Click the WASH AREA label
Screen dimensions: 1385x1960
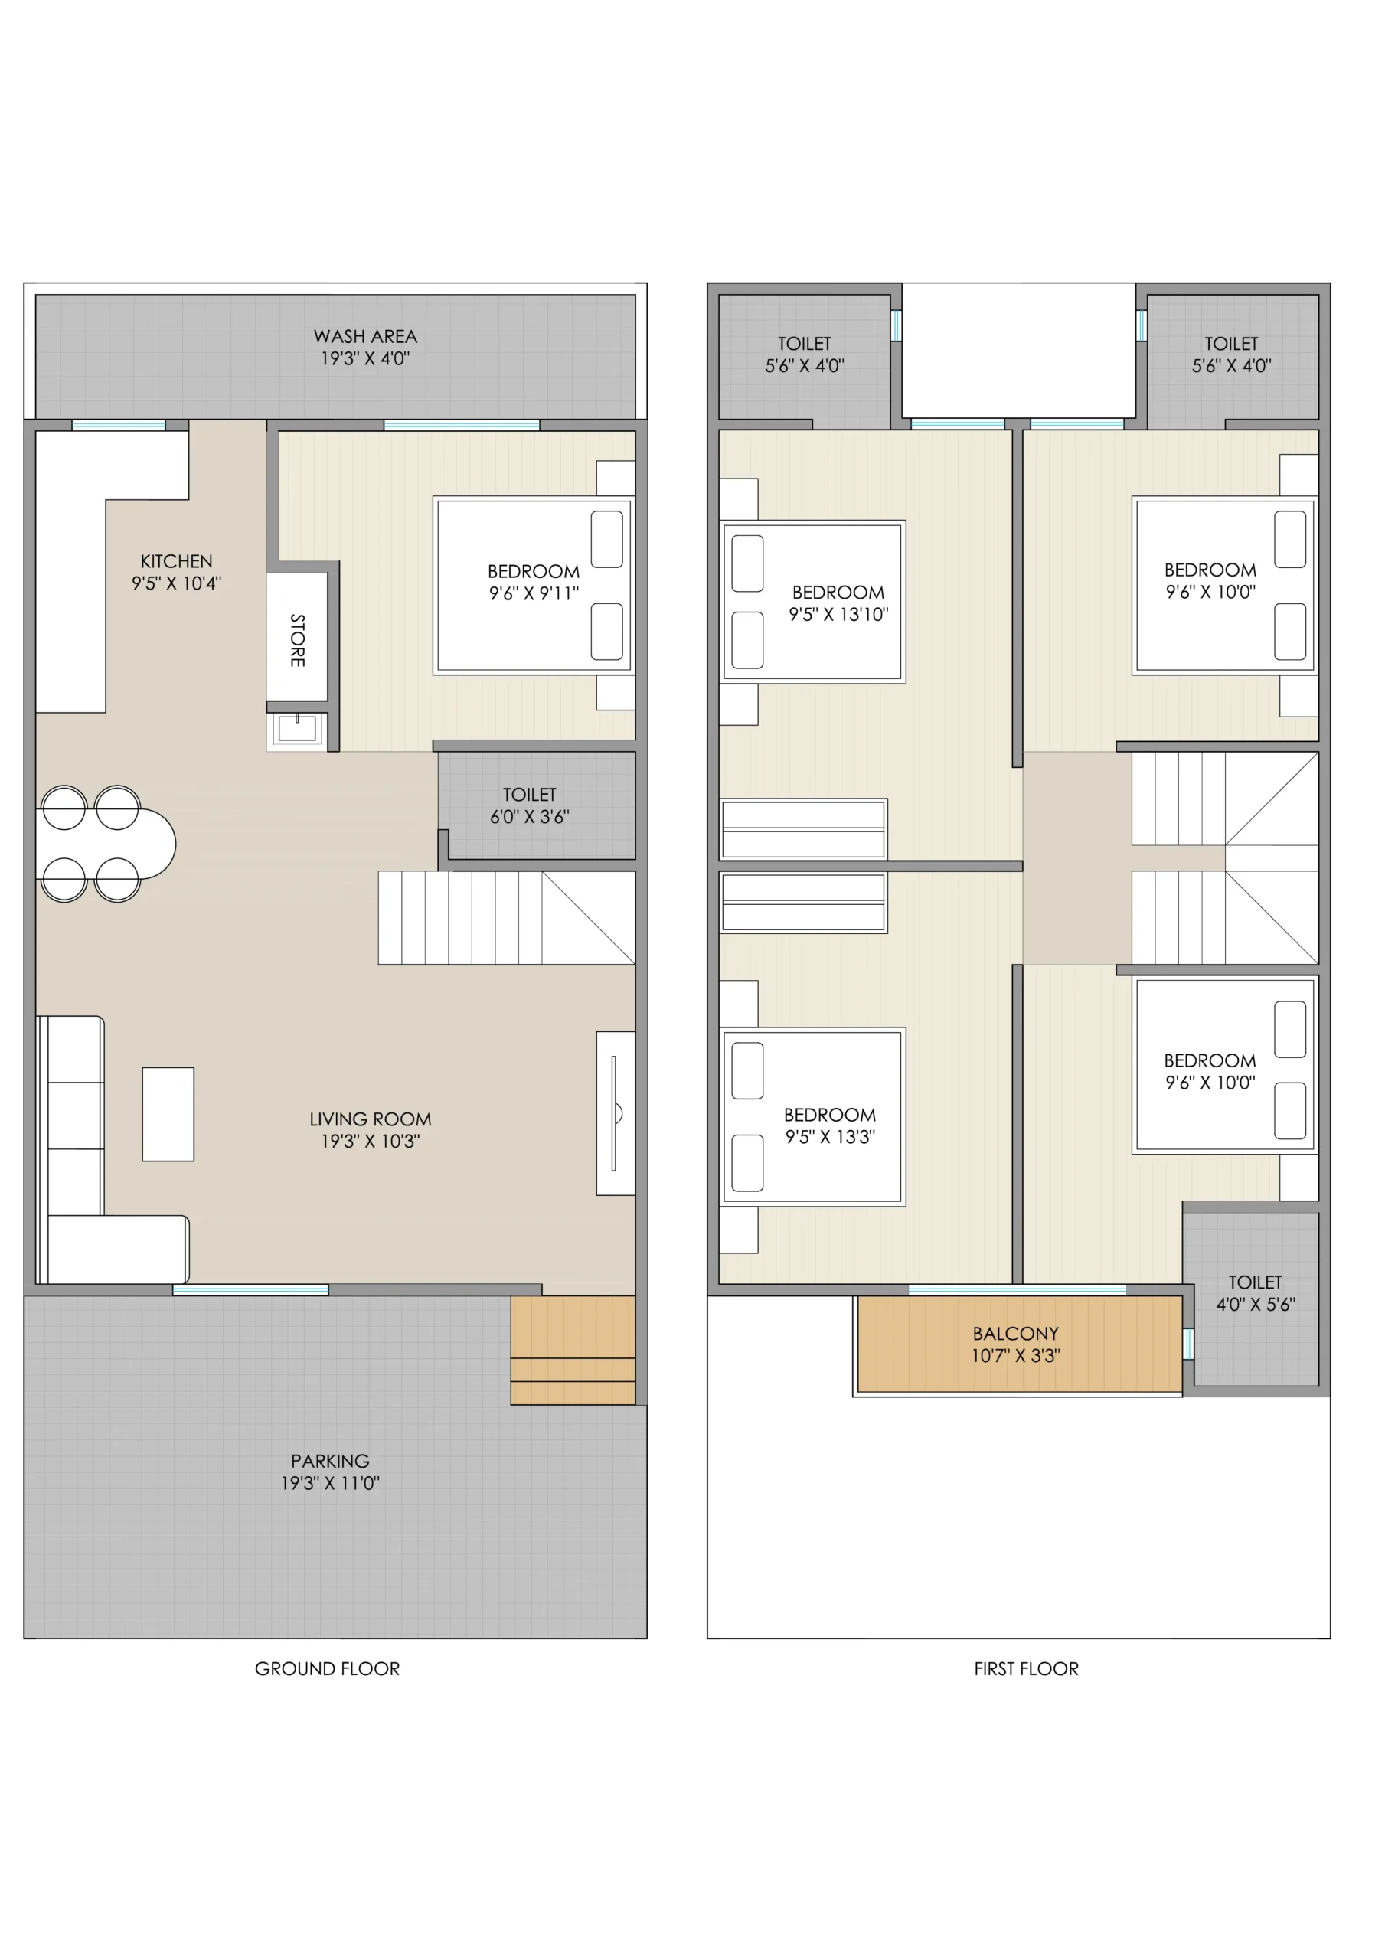pos(365,336)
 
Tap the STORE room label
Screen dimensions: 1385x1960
pos(297,640)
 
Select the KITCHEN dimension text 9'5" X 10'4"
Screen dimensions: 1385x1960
pos(176,583)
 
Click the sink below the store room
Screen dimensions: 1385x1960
pos(296,729)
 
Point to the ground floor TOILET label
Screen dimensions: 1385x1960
pos(529,795)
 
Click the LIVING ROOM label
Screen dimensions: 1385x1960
pos(371,1119)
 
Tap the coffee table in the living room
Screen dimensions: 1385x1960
pos(168,1114)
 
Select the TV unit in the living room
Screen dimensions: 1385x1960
pos(616,1113)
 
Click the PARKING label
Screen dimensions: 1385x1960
pos(331,1461)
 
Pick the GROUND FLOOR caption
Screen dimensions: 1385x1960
pos(327,1668)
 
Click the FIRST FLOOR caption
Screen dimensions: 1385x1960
pos(1027,1668)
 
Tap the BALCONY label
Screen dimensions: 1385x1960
pos(1016,1334)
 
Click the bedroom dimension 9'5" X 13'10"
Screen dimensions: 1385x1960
pos(838,615)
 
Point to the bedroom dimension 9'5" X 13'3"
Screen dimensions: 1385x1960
pos(831,1137)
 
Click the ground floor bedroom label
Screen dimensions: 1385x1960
pos(534,571)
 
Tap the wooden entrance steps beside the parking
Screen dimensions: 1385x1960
pos(573,1350)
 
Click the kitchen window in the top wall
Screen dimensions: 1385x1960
pos(119,425)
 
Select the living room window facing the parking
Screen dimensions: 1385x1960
pos(251,1289)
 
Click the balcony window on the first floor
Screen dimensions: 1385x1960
pos(1017,1289)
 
